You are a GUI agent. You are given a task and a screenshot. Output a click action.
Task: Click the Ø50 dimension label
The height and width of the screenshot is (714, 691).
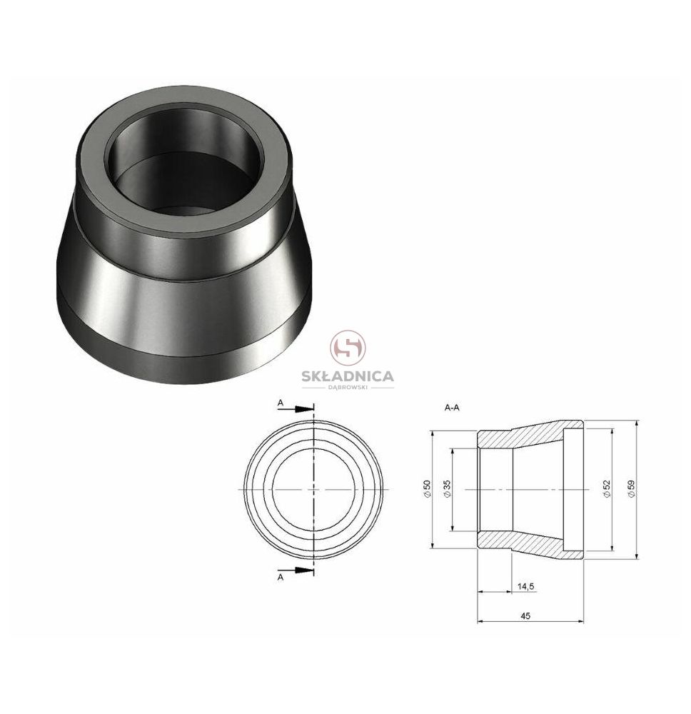tap(427, 489)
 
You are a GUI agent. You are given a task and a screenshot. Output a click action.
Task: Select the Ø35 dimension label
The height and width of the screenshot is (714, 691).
tap(446, 489)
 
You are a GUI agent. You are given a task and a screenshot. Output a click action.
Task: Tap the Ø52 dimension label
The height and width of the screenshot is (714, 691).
tap(606, 489)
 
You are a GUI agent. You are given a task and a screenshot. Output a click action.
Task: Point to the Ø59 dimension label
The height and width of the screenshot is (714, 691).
tap(631, 489)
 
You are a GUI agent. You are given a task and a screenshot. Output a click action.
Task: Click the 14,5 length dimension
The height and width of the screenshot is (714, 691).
tap(526, 586)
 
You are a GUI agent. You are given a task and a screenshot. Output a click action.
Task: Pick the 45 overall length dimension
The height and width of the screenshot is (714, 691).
tap(525, 615)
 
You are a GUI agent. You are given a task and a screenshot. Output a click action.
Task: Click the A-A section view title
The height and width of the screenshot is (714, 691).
tap(452, 408)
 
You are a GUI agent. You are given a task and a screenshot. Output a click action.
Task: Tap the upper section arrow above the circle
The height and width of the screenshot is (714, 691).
tap(296, 409)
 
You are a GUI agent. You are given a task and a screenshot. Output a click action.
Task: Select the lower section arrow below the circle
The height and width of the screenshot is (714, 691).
tap(296, 570)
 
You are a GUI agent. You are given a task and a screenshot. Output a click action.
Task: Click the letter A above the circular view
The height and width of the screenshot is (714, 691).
tap(281, 403)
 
